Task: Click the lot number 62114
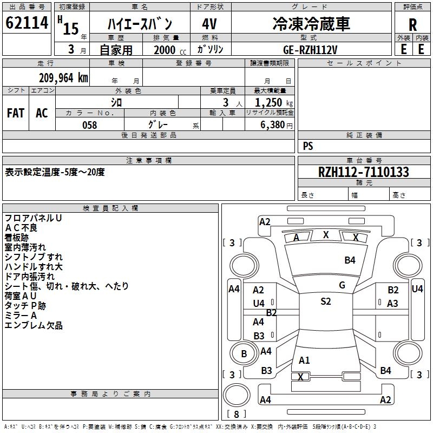[27, 24]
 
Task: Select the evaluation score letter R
[412, 25]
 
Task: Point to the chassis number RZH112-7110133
[363, 173]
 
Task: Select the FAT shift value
[16, 113]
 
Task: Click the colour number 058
[89, 125]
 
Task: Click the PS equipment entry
[308, 146]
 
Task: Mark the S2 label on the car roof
[325, 301]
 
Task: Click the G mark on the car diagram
[342, 285]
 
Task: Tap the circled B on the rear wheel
[244, 354]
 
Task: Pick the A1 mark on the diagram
[304, 360]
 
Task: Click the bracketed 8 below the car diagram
[236, 415]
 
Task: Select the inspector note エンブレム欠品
[34, 325]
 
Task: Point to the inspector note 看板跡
[17, 237]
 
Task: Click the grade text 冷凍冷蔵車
[311, 24]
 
